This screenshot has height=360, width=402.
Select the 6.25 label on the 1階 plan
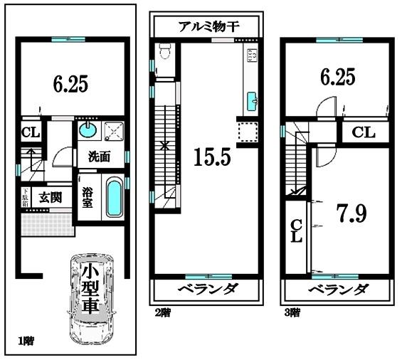(x=70, y=85)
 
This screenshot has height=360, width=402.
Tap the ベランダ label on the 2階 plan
(x=208, y=290)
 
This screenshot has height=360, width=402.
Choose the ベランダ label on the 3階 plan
(x=338, y=290)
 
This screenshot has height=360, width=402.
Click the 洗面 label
(x=99, y=157)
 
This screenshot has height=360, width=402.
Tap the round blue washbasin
(x=87, y=129)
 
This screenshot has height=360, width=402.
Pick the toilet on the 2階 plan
(x=164, y=51)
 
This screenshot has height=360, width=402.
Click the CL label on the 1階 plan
(x=30, y=132)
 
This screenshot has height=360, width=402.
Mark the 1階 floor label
(x=26, y=341)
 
